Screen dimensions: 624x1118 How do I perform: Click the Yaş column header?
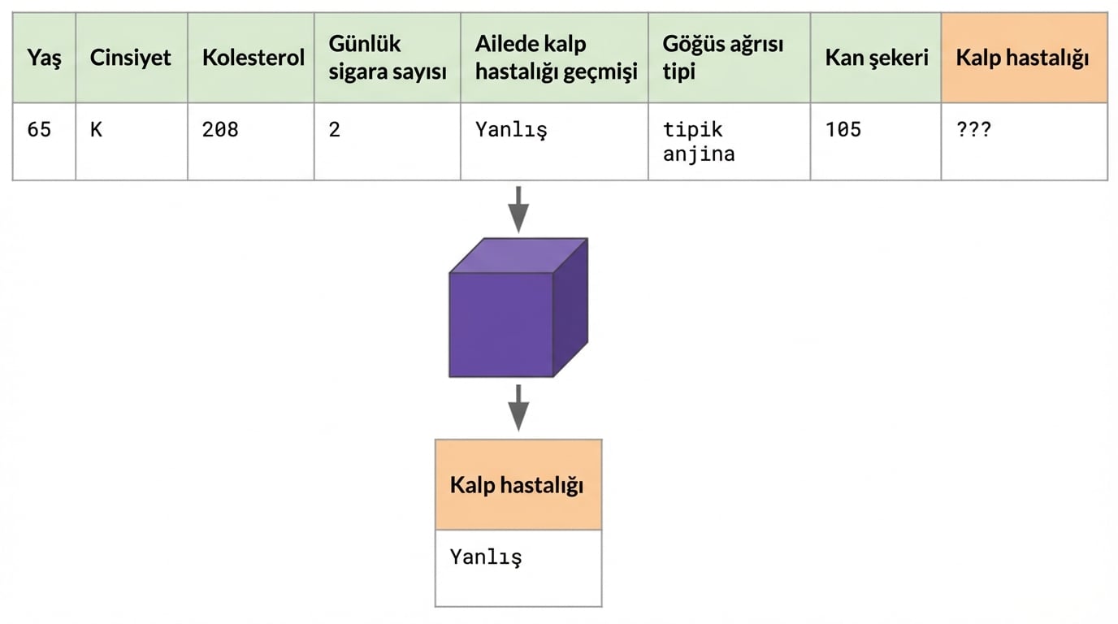[44, 58]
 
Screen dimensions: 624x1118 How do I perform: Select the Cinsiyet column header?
[131, 58]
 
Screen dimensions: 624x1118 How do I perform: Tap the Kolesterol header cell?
[253, 58]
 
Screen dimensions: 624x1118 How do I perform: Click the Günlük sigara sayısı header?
[388, 58]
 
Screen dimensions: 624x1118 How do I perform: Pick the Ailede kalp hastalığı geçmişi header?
[556, 58]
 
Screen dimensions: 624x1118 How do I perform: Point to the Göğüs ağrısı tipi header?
[723, 58]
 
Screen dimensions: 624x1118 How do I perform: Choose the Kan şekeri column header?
[876, 58]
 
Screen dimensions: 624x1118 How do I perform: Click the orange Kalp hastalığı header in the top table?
[1023, 58]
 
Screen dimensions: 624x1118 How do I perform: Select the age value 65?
[39, 130]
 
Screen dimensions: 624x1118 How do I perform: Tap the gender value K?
[96, 130]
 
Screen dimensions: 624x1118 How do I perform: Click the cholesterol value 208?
[220, 130]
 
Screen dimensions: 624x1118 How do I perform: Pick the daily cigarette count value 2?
[335, 130]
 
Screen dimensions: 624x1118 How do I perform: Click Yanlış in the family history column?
[511, 130]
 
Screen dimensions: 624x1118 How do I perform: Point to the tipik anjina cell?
[699, 141]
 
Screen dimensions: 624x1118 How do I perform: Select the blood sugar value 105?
[843, 130]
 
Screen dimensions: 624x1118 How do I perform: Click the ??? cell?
[974, 130]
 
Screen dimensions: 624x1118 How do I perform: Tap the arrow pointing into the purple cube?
[518, 209]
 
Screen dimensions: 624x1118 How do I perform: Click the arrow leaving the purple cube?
[518, 407]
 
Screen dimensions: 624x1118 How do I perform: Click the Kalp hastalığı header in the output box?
[518, 486]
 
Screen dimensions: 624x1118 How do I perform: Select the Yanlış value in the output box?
[486, 557]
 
